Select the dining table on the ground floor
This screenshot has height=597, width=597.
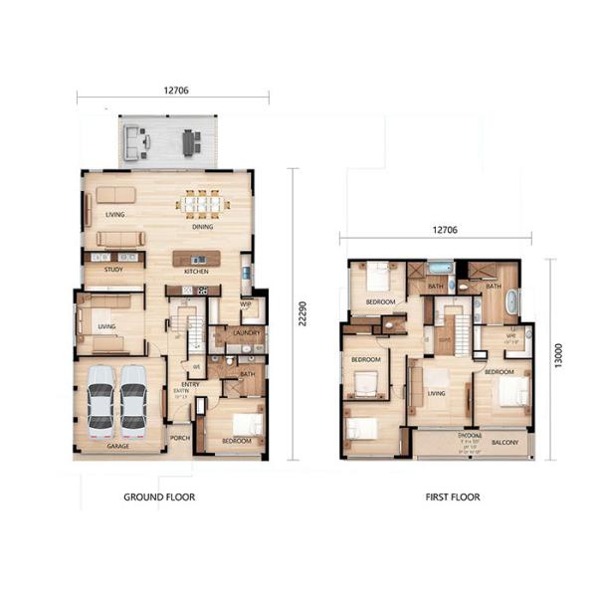pyautogui.click(x=202, y=203)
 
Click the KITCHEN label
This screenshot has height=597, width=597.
pyautogui.click(x=196, y=271)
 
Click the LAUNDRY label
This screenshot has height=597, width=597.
pyautogui.click(x=249, y=334)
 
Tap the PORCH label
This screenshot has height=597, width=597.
pyautogui.click(x=180, y=438)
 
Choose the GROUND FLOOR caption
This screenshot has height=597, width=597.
pyautogui.click(x=159, y=497)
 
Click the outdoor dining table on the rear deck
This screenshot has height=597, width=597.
pyautogui.click(x=190, y=143)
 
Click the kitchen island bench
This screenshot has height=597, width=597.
pyautogui.click(x=196, y=258)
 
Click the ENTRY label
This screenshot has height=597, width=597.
pyautogui.click(x=182, y=384)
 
